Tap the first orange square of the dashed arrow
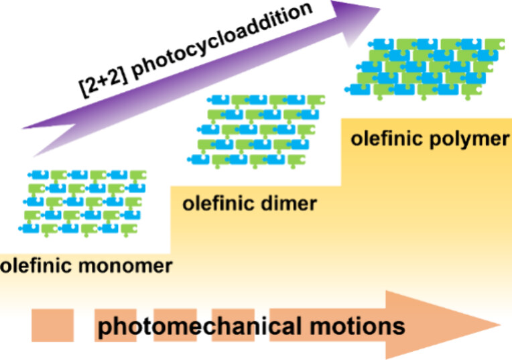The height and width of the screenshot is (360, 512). (x=52, y=326)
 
